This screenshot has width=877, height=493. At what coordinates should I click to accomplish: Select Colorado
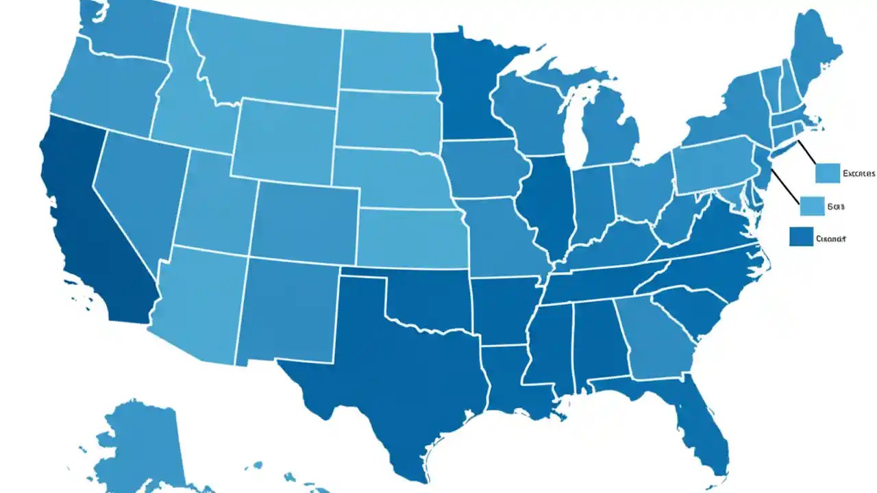[x=305, y=219]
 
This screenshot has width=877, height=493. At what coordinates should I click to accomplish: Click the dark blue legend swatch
[x=800, y=237]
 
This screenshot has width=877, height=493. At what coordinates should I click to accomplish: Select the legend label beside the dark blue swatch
[x=831, y=239]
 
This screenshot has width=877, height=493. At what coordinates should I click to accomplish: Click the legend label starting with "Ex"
[x=859, y=174]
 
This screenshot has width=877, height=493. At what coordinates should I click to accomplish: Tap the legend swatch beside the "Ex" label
[x=828, y=173]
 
